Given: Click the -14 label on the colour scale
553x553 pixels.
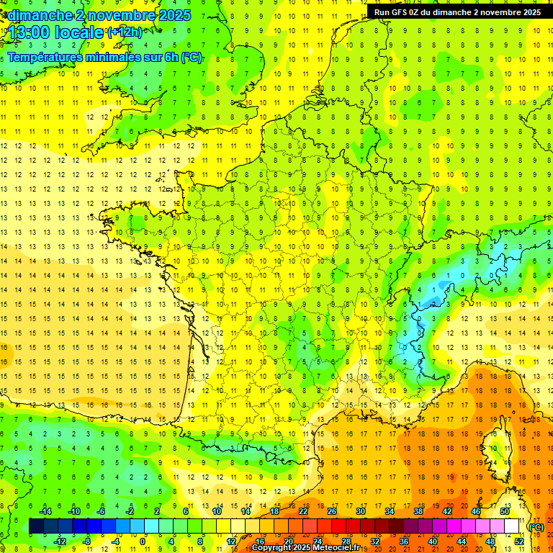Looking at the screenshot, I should [x=46, y=511].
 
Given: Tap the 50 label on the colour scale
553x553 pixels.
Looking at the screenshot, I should [x=505, y=511].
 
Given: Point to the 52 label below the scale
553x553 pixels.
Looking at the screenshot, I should [x=519, y=541].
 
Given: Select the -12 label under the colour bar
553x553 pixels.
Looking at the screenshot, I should [x=60, y=541].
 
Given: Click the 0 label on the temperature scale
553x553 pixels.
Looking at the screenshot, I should [x=143, y=541].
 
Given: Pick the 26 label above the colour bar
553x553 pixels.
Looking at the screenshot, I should [x=332, y=511].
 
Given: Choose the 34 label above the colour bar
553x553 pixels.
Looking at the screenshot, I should [x=390, y=511].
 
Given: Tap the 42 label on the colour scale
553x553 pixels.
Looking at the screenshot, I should [x=447, y=511].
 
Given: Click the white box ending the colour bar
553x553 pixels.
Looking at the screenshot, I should [x=512, y=526].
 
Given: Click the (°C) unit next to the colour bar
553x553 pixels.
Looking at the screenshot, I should [x=536, y=527].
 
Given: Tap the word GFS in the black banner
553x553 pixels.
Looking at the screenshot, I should [x=398, y=12].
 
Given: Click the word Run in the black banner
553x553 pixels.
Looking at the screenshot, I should [x=382, y=12].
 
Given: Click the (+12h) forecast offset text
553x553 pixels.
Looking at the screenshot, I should [x=124, y=32].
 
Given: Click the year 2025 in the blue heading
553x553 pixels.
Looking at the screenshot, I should [x=174, y=15].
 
